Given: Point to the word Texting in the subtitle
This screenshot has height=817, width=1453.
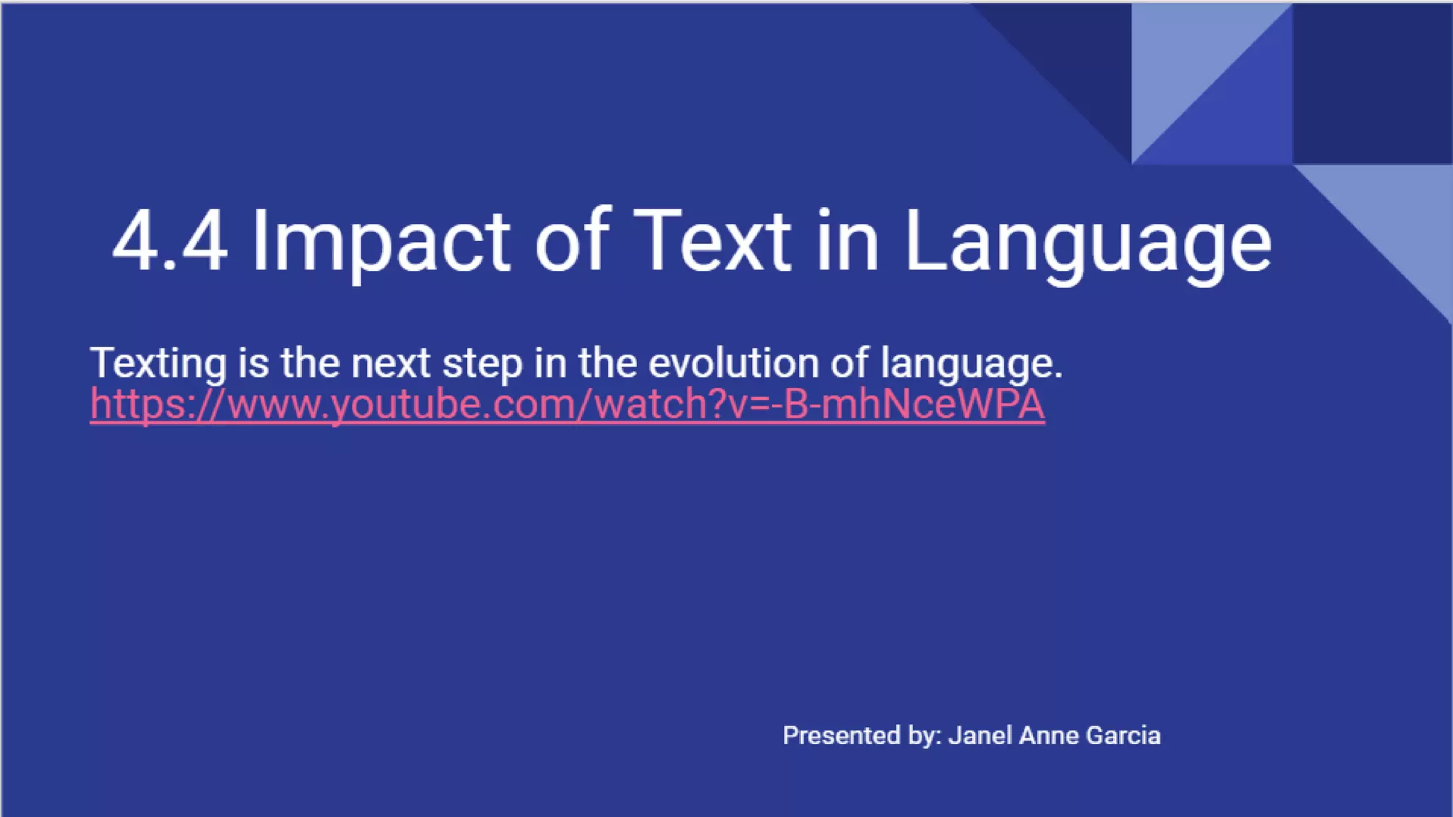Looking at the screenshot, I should pyautogui.click(x=158, y=363).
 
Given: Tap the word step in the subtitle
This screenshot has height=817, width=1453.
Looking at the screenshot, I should pyautogui.click(x=482, y=363).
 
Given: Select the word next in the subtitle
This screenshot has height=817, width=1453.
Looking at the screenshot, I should pyautogui.click(x=391, y=363).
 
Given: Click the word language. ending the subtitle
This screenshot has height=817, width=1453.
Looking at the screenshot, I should pyautogui.click(x=971, y=363).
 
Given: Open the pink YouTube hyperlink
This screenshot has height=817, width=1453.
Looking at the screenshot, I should pyautogui.click(x=568, y=404).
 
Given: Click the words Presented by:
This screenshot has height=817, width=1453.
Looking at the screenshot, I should pyautogui.click(x=861, y=735).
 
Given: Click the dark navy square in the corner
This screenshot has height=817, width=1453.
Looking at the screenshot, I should pyautogui.click(x=1372, y=84).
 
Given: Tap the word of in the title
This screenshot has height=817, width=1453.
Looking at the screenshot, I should pyautogui.click(x=572, y=241).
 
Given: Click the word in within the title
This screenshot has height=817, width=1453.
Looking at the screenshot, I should pyautogui.click(x=848, y=241).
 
